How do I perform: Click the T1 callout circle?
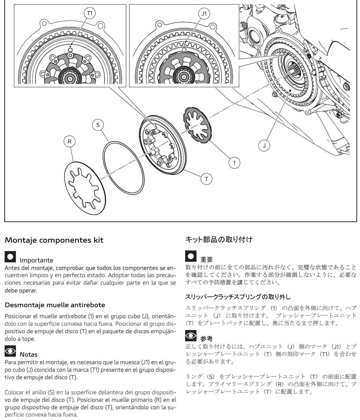(x=90, y=13)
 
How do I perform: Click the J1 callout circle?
(x=204, y=14)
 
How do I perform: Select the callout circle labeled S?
(x=98, y=125)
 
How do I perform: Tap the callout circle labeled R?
(x=69, y=141)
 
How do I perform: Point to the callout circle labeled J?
(x=264, y=145)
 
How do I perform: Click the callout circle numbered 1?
(x=234, y=163)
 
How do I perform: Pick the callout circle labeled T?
(x=206, y=179)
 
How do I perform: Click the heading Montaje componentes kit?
(x=54, y=240)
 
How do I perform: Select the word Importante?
(x=36, y=260)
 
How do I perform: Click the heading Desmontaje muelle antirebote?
(x=55, y=305)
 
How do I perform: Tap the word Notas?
(x=29, y=354)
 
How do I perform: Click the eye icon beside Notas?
(x=10, y=351)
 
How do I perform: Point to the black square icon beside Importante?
(x=10, y=257)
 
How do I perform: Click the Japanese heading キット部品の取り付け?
(x=219, y=240)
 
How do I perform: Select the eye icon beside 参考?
(x=191, y=336)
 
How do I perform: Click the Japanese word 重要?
(x=207, y=259)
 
